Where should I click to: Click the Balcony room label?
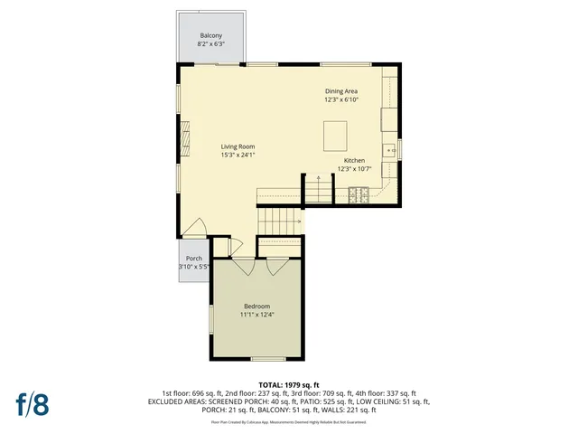pyautogui.click(x=211, y=35)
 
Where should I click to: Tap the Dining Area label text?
pyautogui.click(x=341, y=91)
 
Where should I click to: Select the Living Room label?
pyautogui.click(x=238, y=146)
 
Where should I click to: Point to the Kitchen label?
pyautogui.click(x=354, y=160)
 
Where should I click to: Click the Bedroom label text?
pyautogui.click(x=256, y=307)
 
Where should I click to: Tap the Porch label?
pyautogui.click(x=193, y=258)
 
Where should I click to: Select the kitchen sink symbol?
pyautogui.click(x=388, y=150)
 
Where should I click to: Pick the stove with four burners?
pyautogui.click(x=358, y=193)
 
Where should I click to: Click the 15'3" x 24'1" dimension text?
pyautogui.click(x=238, y=155)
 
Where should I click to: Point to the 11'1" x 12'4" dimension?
pyautogui.click(x=256, y=315)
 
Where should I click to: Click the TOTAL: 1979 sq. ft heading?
pyautogui.click(x=289, y=385)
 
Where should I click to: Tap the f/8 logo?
pyautogui.click(x=31, y=405)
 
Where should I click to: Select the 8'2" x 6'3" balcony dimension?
pyautogui.click(x=211, y=43)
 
